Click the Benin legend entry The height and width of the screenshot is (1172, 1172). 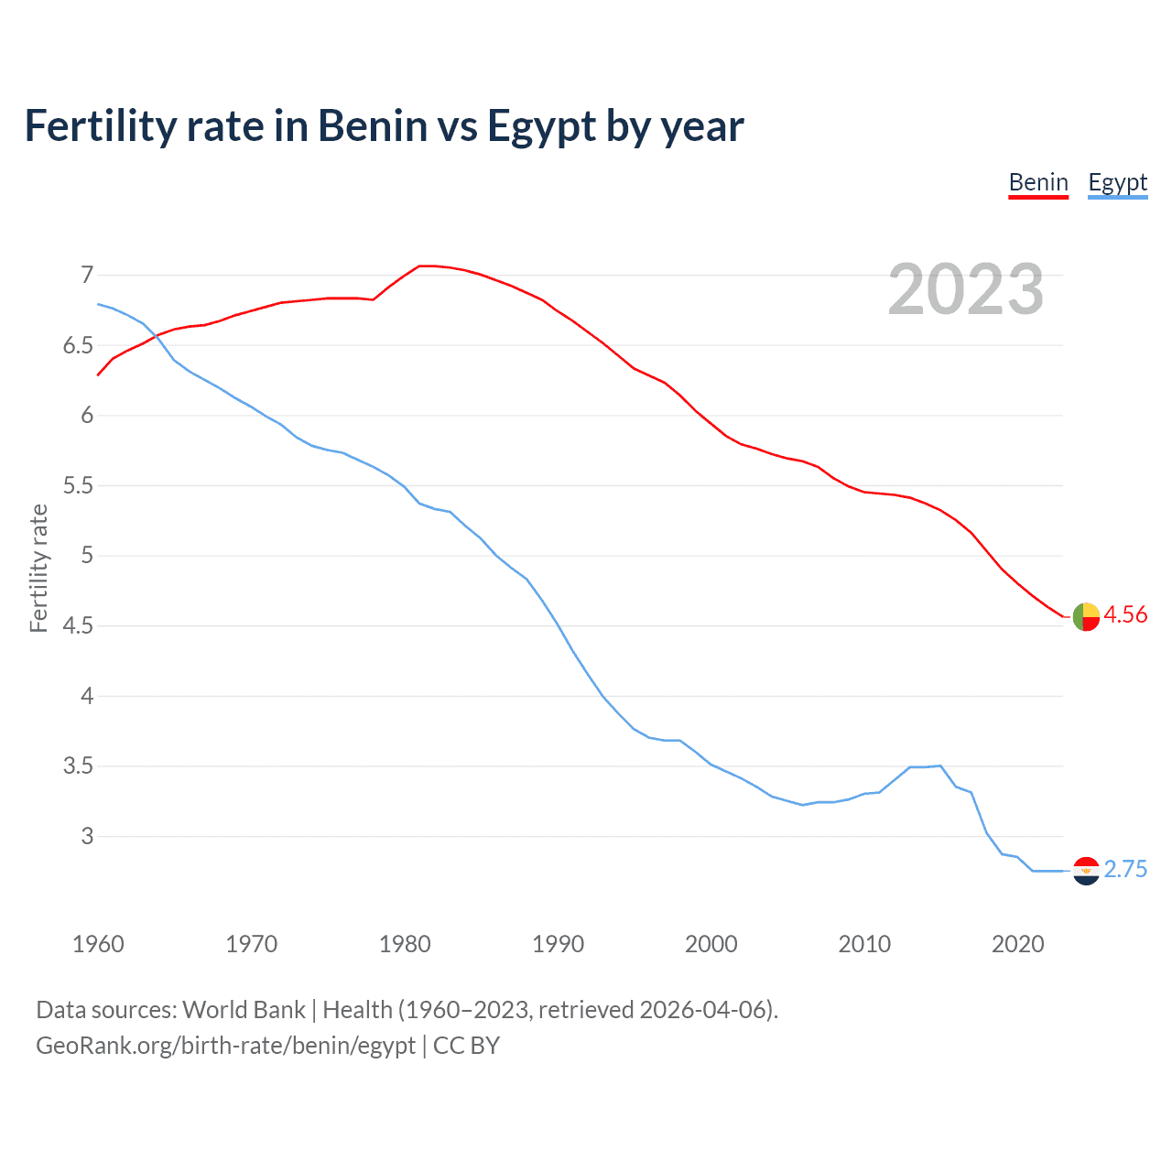click(x=1038, y=182)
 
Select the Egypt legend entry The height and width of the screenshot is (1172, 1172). click(x=1117, y=182)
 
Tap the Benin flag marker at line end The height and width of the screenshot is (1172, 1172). click(x=1086, y=617)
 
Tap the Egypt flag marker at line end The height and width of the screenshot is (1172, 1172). click(x=1086, y=871)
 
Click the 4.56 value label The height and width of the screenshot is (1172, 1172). click(x=1125, y=614)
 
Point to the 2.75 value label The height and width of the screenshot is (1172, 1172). click(x=1125, y=869)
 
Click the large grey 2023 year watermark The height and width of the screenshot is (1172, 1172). click(x=966, y=289)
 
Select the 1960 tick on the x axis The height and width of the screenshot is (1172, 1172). click(x=98, y=944)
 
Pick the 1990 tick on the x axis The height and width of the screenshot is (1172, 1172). click(x=558, y=944)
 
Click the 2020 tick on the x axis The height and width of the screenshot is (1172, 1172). click(x=1017, y=944)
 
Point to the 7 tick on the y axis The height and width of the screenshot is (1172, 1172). click(x=87, y=275)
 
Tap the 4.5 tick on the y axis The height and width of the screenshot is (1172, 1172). click(x=78, y=625)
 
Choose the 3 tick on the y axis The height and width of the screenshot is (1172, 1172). click(x=87, y=836)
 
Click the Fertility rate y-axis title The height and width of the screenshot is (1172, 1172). click(x=38, y=568)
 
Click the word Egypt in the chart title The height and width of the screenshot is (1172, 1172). click(x=541, y=126)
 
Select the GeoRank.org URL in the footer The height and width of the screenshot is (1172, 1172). click(x=225, y=1046)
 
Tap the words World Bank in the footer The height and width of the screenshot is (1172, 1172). click(x=244, y=1010)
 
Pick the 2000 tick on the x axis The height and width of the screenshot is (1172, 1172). click(x=711, y=944)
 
